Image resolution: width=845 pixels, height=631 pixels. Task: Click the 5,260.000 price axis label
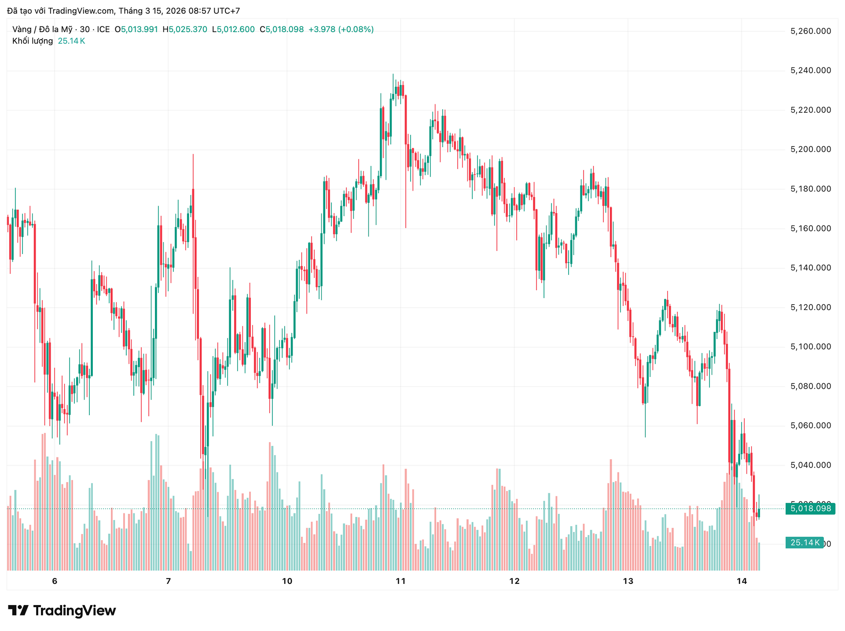[x=811, y=31]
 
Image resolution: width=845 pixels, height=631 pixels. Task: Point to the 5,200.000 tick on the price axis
[x=811, y=149]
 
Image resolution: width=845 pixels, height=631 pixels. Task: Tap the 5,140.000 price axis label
[x=811, y=268]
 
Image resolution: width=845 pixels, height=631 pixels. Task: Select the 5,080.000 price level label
[x=811, y=386]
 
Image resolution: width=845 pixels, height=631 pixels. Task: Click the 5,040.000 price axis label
[x=811, y=465]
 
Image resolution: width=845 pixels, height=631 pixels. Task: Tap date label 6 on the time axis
[x=55, y=581]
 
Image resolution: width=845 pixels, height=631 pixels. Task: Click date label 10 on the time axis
[x=287, y=581]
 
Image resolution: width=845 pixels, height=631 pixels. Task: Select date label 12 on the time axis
[x=514, y=581]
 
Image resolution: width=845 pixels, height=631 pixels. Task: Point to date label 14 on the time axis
[x=742, y=581]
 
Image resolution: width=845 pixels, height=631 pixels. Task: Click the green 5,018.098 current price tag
[x=810, y=509]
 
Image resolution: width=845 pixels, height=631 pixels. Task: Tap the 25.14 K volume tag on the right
[x=805, y=542]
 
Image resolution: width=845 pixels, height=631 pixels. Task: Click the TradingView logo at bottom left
[x=62, y=610]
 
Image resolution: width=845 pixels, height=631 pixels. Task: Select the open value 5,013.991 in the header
[x=139, y=30]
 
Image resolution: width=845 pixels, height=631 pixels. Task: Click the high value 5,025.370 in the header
[x=188, y=30]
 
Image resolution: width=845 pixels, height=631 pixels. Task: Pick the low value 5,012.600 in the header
[x=235, y=30]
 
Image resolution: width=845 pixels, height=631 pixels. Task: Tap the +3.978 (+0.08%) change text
[x=341, y=30]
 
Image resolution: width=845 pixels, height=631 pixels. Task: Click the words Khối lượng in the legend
[x=33, y=41]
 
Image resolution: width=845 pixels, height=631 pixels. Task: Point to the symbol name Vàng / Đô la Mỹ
[x=42, y=30]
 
